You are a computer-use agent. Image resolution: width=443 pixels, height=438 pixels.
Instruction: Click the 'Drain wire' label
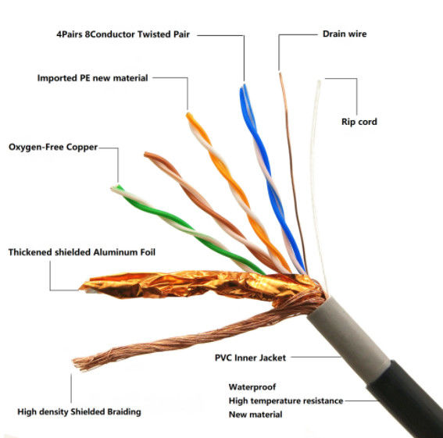(x=344, y=34)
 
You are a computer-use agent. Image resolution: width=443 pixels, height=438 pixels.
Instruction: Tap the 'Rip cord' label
(x=359, y=122)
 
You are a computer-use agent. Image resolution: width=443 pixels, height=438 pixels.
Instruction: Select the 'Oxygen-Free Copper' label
(x=53, y=147)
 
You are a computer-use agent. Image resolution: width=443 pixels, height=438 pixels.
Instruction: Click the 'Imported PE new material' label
(x=92, y=78)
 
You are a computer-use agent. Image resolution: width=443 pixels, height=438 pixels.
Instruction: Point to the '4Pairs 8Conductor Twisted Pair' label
(x=123, y=34)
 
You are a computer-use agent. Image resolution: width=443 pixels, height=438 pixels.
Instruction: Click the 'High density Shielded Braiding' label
(x=79, y=411)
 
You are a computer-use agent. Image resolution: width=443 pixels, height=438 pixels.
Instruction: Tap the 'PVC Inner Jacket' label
(x=250, y=358)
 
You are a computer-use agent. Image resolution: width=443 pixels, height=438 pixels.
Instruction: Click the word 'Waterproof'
(x=252, y=386)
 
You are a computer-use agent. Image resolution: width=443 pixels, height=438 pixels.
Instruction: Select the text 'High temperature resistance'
(x=285, y=401)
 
